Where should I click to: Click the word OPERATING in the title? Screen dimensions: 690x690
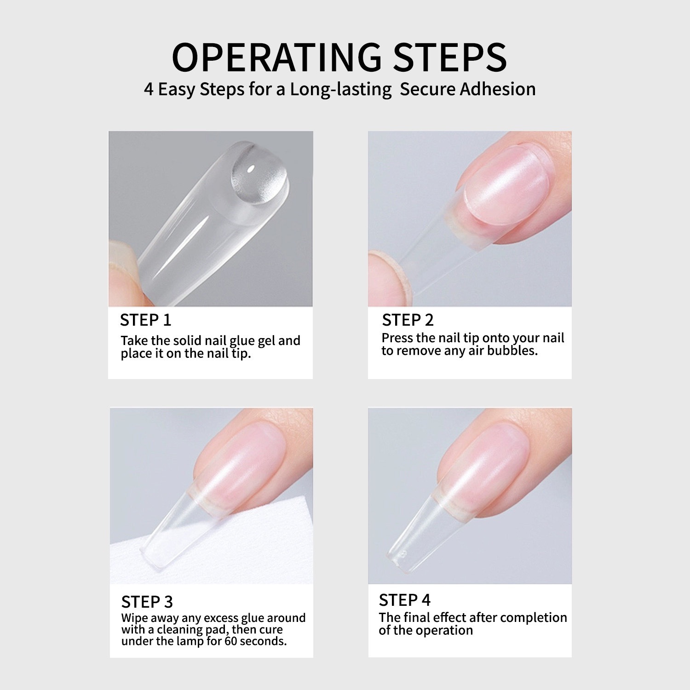point(276,57)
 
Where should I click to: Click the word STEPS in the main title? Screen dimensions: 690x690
point(449,57)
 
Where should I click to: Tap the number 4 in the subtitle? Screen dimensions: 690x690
point(149,89)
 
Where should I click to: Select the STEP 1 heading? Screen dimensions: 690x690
point(145,320)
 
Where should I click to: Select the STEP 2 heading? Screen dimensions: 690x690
point(408,320)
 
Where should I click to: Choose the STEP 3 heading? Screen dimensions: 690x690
point(147,602)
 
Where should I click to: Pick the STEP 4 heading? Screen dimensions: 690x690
point(405,600)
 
